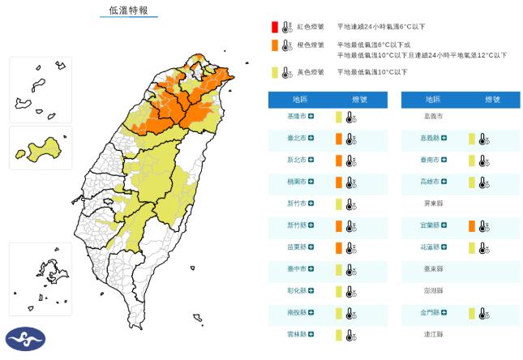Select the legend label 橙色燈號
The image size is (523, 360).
pos(311,45)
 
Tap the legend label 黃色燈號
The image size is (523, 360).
pos(311,72)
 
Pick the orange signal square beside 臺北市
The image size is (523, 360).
pos(339,139)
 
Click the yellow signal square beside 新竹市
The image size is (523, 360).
pos(339,204)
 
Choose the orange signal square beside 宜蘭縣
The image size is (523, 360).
pos(471,225)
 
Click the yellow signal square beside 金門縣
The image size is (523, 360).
pos(471,312)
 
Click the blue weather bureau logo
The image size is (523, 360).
pos(25,340)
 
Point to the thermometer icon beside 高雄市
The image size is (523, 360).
pos(482,182)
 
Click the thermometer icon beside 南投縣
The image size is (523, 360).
pos(350,312)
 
